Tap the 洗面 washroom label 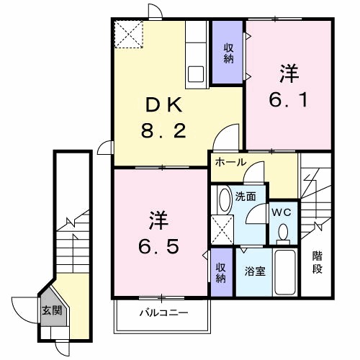pyautogui.click(x=246, y=195)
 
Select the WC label pyautogui.click(x=282, y=212)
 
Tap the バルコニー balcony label pyautogui.click(x=163, y=312)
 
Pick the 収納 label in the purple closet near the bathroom pyautogui.click(x=222, y=271)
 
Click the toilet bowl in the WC pyautogui.click(x=283, y=233)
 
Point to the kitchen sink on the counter pyautogui.click(x=197, y=73)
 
